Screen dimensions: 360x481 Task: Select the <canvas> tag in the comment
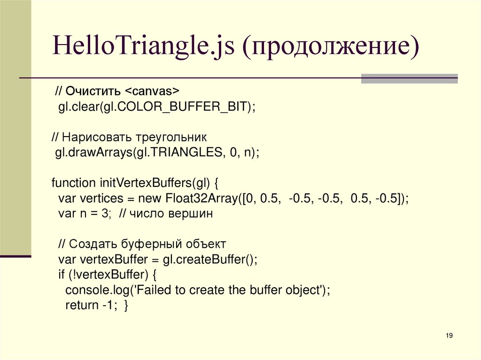pyautogui.click(x=153, y=90)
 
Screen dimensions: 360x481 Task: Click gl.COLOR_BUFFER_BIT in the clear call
pyautogui.click(x=178, y=106)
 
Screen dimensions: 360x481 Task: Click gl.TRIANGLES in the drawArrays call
pyautogui.click(x=179, y=153)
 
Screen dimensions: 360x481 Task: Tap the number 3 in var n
pyautogui.click(x=104, y=214)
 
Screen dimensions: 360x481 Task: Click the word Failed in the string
pyautogui.click(x=155, y=290)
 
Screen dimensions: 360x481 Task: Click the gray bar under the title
pyautogui.click(x=409, y=79)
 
